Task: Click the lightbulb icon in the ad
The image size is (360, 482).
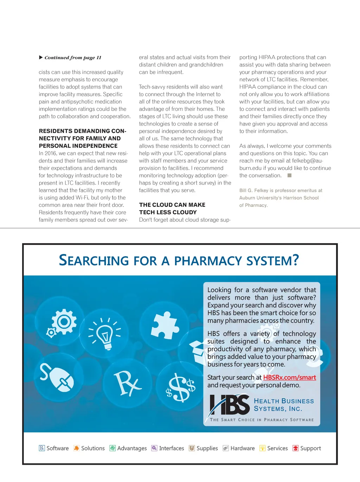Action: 104,334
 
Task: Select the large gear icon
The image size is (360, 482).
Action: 64,321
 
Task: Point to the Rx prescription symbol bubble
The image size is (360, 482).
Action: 127,383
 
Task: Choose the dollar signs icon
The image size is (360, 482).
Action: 180,387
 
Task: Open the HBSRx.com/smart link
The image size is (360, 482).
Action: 289,378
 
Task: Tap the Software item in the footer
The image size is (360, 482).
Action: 58,448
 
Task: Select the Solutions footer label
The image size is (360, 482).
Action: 93,448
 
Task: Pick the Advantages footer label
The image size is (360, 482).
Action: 132,448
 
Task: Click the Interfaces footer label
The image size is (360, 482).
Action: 172,448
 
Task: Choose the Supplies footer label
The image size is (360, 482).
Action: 207,448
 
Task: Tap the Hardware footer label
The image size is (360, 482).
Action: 243,448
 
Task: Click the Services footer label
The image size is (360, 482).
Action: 277,448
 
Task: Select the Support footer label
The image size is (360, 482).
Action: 310,448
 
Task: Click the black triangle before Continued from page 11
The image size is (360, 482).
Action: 41,57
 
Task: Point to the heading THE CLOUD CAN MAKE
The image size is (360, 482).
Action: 172,205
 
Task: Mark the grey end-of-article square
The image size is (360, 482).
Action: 289,175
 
